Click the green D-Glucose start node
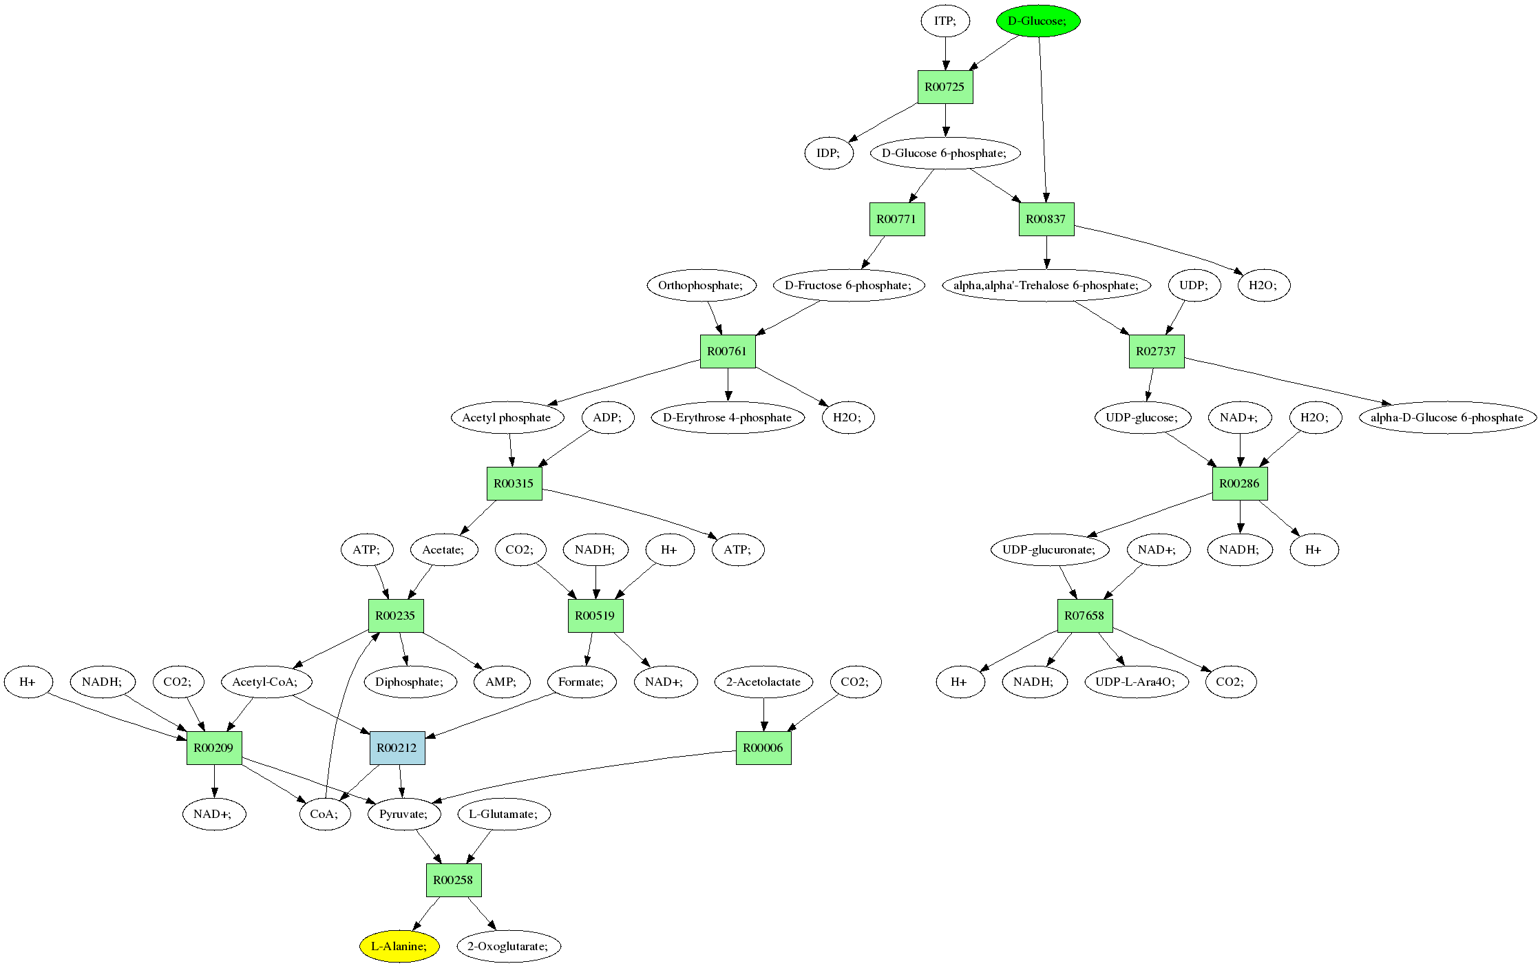point(1037,21)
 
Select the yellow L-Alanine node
point(399,946)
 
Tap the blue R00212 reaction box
point(397,748)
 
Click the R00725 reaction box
point(945,87)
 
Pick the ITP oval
point(945,21)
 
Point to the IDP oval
point(828,153)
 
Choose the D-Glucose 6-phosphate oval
point(945,153)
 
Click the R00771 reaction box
point(896,220)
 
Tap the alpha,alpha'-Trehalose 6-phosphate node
point(1046,285)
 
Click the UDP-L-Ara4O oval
point(1136,682)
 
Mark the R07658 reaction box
point(1084,616)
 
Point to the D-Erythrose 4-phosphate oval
point(727,417)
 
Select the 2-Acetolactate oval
point(763,682)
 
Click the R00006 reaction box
point(763,748)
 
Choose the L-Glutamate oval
point(504,814)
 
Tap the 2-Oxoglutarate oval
point(508,946)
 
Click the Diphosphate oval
point(410,682)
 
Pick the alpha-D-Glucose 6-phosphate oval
point(1447,417)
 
